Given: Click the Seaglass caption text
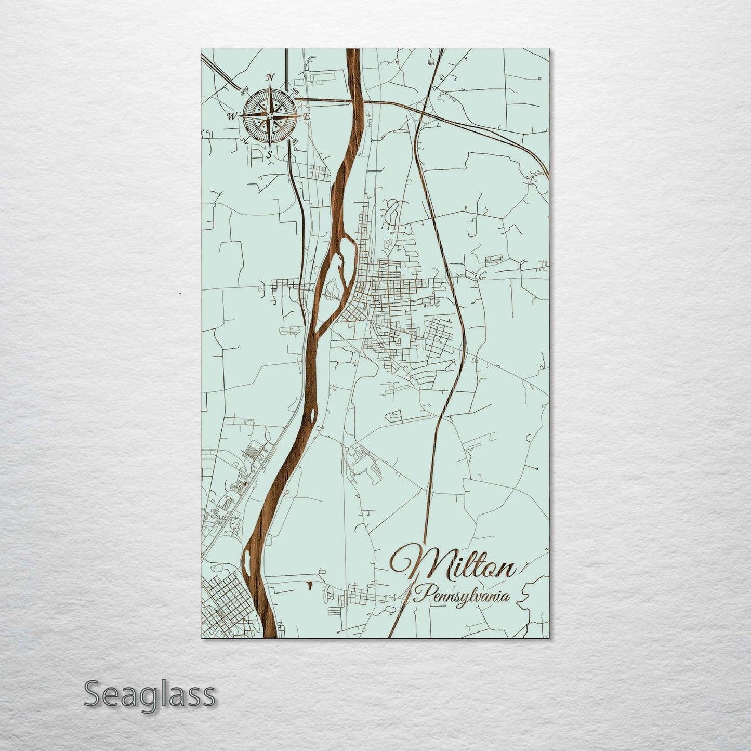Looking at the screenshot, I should click(149, 694).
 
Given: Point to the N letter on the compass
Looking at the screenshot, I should click(270, 78).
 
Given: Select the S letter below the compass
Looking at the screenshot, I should click(269, 154).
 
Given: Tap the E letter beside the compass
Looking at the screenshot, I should click(307, 116).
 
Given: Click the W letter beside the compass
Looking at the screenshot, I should click(231, 116).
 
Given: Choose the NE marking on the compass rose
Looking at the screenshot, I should click(296, 91).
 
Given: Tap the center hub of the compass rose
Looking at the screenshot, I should click(270, 115).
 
